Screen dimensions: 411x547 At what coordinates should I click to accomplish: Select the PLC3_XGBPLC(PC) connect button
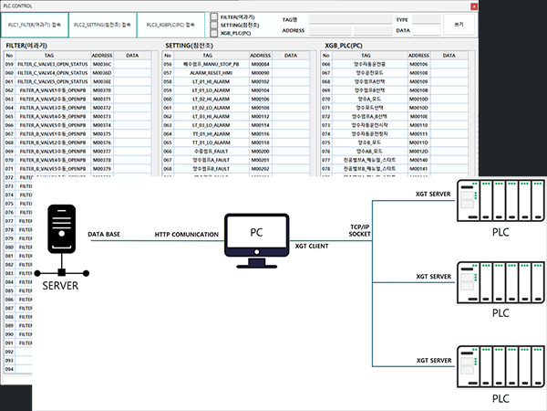[170, 25]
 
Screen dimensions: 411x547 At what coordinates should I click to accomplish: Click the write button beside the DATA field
[459, 24]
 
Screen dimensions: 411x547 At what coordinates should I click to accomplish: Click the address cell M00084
[262, 65]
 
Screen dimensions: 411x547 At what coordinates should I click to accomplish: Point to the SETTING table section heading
[190, 44]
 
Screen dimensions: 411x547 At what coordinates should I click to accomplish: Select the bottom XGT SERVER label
[434, 360]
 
